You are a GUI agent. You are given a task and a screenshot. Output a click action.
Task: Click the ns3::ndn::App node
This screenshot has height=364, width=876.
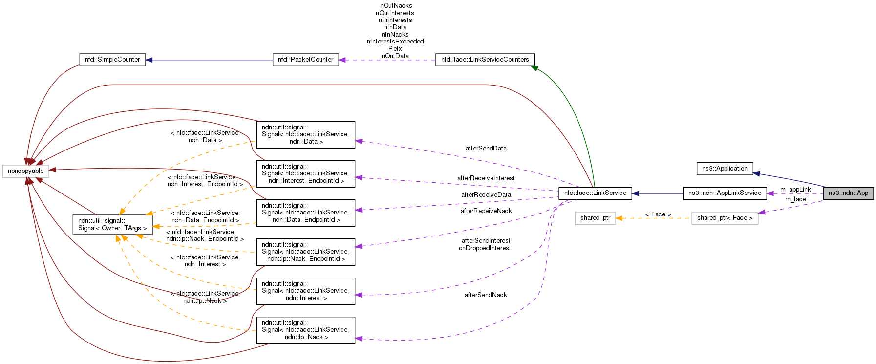coord(848,193)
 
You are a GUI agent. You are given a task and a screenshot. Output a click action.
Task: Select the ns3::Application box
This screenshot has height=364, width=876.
coord(725,169)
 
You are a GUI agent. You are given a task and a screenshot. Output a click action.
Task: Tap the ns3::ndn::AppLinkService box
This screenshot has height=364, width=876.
coord(725,193)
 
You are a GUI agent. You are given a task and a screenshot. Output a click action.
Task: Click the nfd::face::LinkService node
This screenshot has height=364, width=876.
coord(595,193)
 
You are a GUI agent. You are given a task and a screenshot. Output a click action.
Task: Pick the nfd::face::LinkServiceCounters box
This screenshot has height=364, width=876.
coord(485,60)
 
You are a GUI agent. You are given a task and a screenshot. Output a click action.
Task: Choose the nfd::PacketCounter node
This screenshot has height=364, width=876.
coord(305,60)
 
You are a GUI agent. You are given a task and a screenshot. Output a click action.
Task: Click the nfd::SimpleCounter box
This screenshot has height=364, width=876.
coord(112,60)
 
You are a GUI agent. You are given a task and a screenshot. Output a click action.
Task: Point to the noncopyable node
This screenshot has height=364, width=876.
coord(25,171)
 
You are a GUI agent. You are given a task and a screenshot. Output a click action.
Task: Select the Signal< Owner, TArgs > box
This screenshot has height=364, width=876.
coord(112,224)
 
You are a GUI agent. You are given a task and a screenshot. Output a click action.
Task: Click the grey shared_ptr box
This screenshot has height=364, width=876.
coord(595,218)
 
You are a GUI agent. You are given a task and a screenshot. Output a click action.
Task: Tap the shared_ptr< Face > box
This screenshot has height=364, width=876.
coord(725,218)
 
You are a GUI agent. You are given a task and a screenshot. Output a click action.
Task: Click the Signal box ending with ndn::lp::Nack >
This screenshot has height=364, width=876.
coord(305,330)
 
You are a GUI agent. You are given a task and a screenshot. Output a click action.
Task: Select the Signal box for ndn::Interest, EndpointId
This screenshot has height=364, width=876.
coord(305,173)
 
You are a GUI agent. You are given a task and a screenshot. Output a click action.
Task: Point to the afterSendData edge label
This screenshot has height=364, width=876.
coord(486,148)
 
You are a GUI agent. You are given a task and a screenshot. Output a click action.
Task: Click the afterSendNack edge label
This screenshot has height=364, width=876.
coord(486,295)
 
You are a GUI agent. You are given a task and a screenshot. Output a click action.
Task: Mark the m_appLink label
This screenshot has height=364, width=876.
coord(795,189)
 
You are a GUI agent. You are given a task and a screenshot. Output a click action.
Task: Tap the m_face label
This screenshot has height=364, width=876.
coord(795,199)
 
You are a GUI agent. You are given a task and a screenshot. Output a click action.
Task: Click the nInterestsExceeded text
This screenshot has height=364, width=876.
coord(395,42)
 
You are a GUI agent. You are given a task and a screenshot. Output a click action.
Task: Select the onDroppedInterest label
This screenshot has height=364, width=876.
coord(485,248)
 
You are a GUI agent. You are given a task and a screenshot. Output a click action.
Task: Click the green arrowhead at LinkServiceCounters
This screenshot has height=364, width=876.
coord(535,68)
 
